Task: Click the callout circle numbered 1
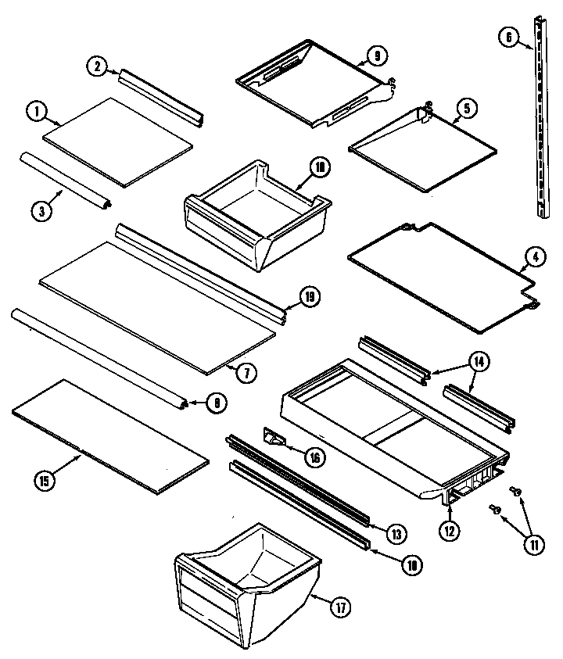[x=35, y=112]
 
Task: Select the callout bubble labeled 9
[x=376, y=56]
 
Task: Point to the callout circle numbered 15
[x=25, y=481]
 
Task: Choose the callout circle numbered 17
[x=341, y=608]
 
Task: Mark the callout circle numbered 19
[x=310, y=297]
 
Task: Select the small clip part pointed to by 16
[x=271, y=439]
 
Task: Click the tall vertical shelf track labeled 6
[x=539, y=117]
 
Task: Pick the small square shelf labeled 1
[x=117, y=141]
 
